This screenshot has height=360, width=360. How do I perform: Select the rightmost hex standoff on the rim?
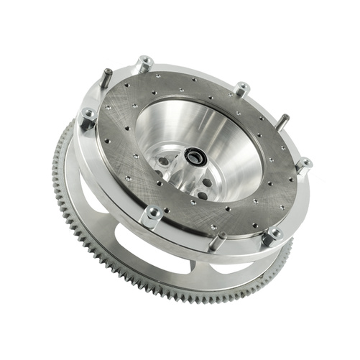(304, 165)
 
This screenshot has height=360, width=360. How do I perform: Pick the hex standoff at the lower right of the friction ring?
(272, 235)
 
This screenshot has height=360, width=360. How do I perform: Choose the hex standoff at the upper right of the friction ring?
(242, 90)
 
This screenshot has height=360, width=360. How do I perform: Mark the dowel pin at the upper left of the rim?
(105, 77)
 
